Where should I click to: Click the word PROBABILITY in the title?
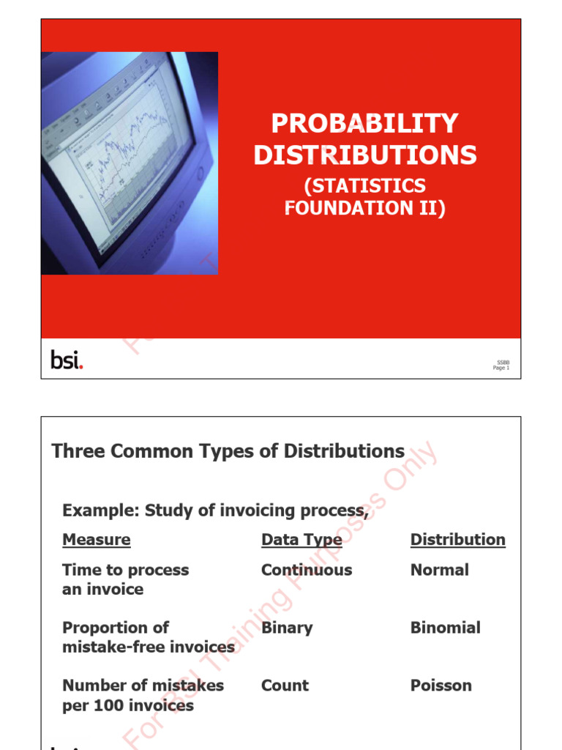coord(364,123)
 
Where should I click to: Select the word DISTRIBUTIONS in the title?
coord(364,155)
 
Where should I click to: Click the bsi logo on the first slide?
coord(67,360)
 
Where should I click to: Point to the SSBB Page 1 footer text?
coord(502,365)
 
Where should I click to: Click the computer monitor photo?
coord(130,163)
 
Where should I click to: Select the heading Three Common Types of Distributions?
coord(228,451)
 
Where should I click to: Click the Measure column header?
coord(97,540)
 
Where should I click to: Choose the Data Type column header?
coord(301,540)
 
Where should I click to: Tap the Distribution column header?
coord(457,540)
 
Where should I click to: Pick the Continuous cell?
coord(307,570)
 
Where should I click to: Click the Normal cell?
coord(440,570)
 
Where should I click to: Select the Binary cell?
coord(287,628)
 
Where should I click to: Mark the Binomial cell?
coord(445,628)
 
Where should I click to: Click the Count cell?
coord(285,686)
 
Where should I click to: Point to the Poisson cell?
coord(441,686)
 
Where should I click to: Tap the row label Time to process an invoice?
coord(125,579)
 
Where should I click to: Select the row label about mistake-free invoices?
coord(149,637)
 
